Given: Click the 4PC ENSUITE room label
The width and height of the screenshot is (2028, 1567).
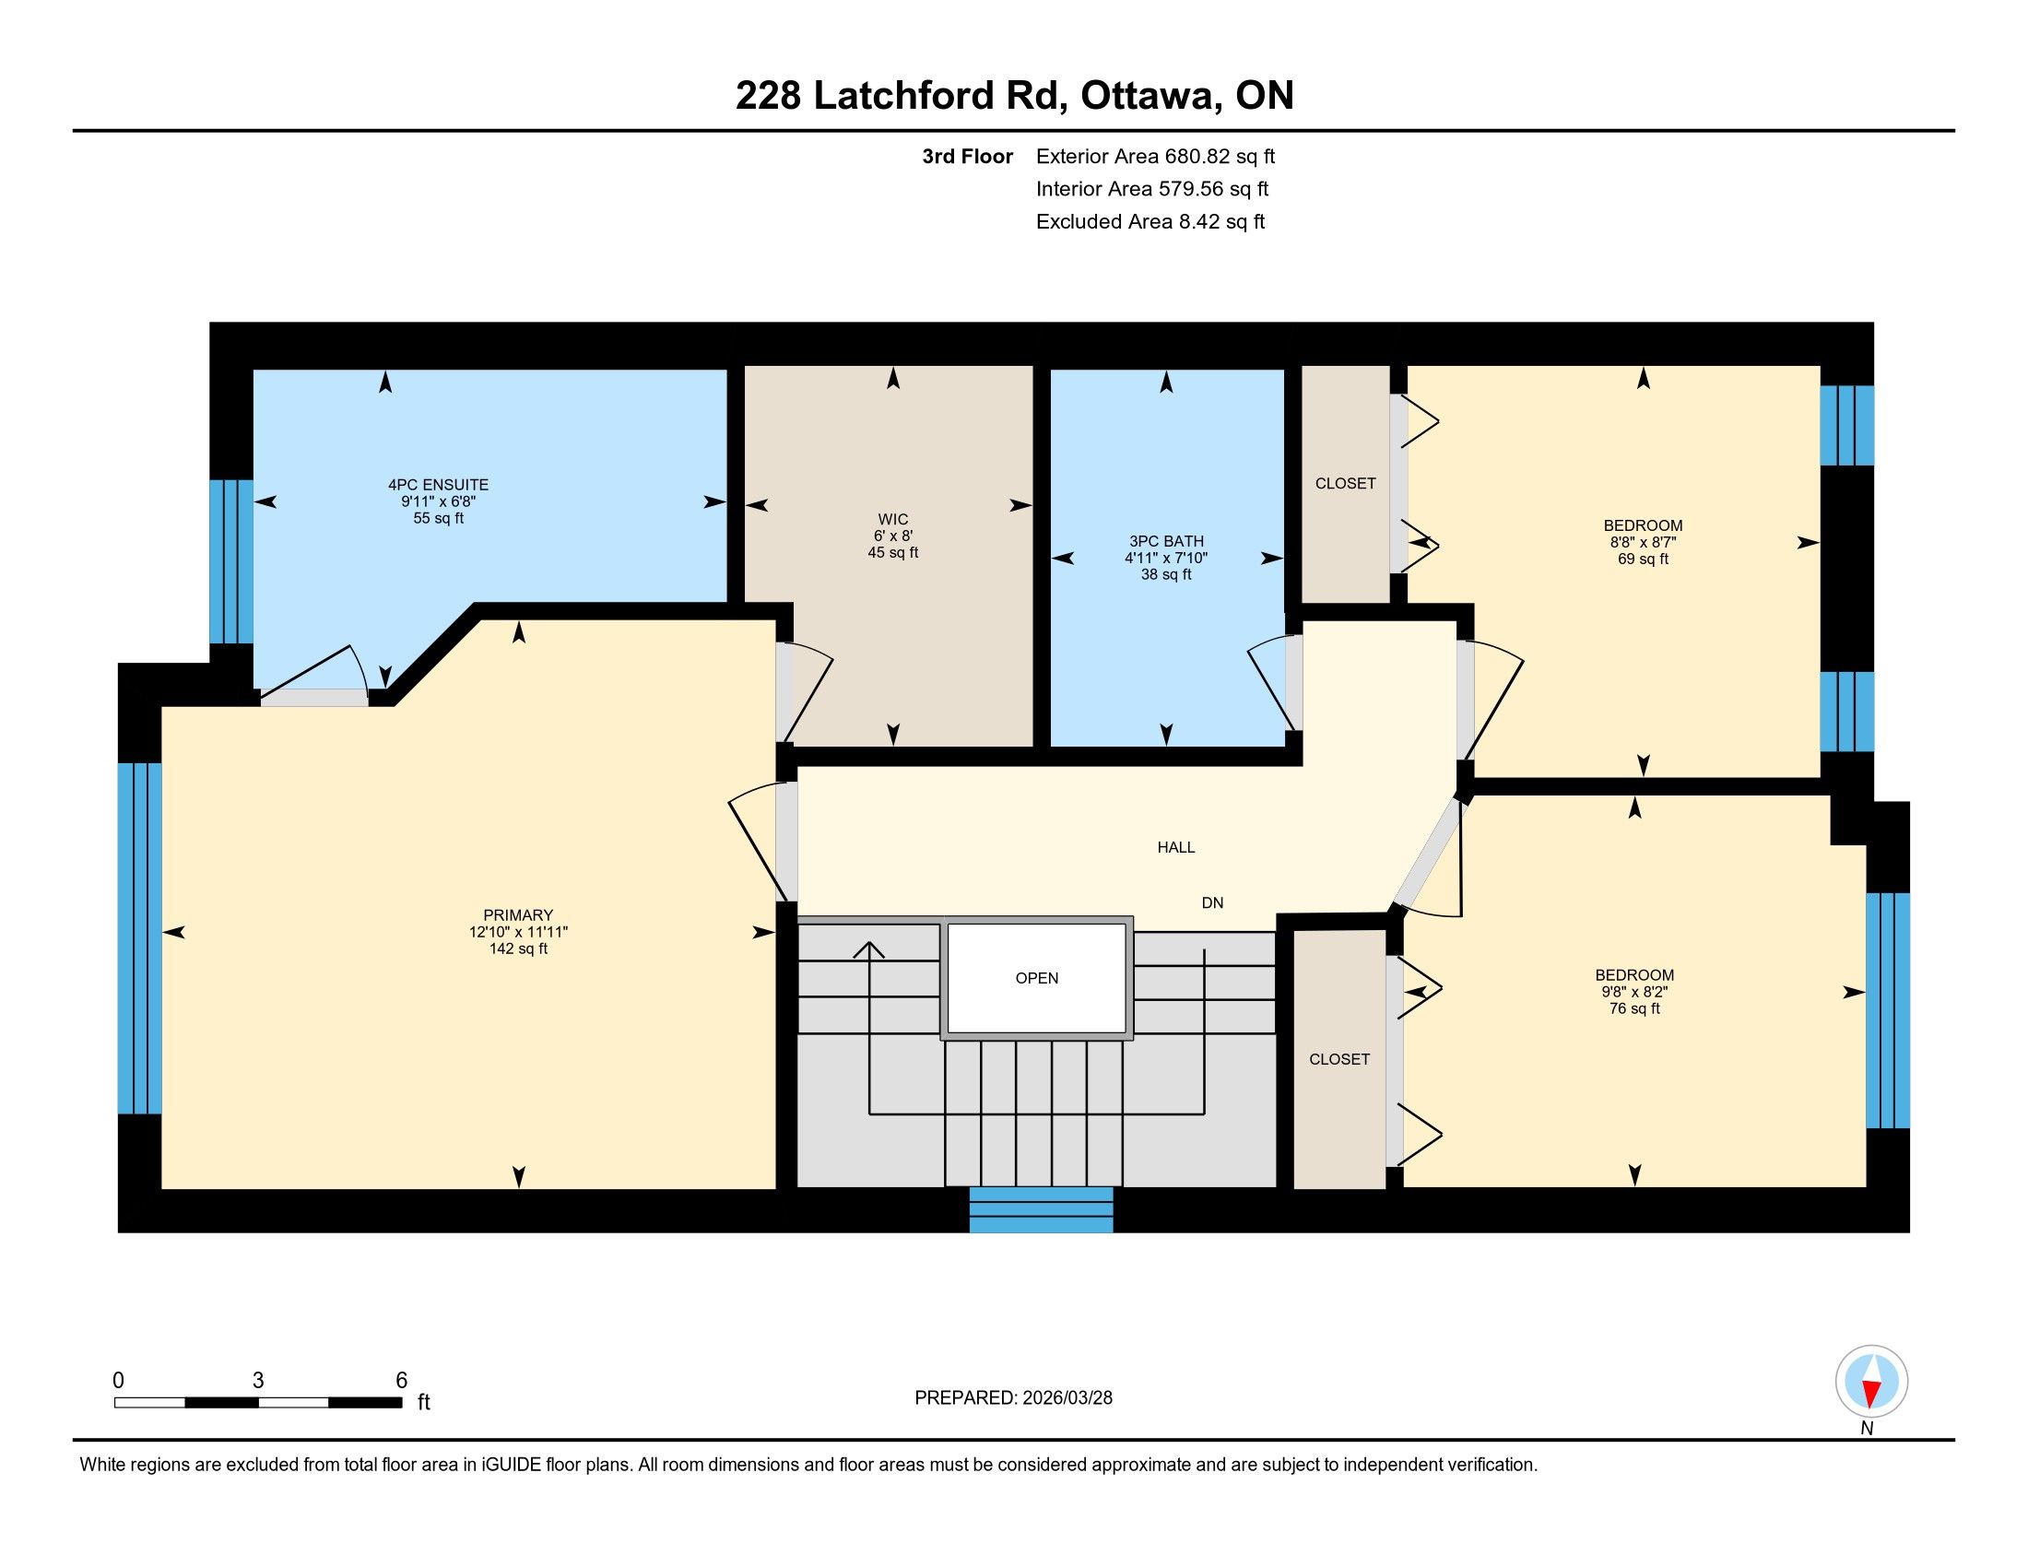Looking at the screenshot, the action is pyautogui.click(x=438, y=485).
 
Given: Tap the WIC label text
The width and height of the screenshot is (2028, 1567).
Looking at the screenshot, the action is pyautogui.click(x=893, y=520).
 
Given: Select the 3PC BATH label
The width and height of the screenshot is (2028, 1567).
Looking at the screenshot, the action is pyautogui.click(x=1166, y=541).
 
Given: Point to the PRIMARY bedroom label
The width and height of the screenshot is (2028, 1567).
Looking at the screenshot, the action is pyautogui.click(x=518, y=915).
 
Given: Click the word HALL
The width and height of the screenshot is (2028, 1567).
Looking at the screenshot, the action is pyautogui.click(x=1175, y=847).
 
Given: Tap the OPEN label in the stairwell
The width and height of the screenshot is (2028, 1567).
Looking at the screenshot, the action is pyautogui.click(x=1036, y=978).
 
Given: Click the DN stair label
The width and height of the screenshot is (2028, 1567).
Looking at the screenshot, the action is pyautogui.click(x=1213, y=902).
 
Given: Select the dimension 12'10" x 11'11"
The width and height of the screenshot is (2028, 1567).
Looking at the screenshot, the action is pyautogui.click(x=518, y=932).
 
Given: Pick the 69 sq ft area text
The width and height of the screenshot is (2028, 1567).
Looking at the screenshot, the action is pyautogui.click(x=1644, y=559).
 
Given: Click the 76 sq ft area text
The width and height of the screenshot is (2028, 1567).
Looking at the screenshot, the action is pyautogui.click(x=1634, y=1008).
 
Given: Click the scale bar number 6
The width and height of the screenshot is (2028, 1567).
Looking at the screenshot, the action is pyautogui.click(x=402, y=1381).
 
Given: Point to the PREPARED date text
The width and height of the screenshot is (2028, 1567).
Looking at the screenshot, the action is pyautogui.click(x=1013, y=1398).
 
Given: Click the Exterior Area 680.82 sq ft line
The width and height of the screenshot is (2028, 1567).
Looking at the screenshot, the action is pyautogui.click(x=1156, y=156).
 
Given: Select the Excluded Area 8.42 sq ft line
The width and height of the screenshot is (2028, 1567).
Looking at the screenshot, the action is pyautogui.click(x=1150, y=221).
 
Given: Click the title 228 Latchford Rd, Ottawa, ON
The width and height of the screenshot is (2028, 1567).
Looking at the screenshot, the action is pyautogui.click(x=1015, y=95).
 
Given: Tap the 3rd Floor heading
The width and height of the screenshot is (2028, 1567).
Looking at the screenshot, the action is pyautogui.click(x=968, y=156).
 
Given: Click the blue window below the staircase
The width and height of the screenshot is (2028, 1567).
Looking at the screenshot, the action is pyautogui.click(x=1041, y=1209).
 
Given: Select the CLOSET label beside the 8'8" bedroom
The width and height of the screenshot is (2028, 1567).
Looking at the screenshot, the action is pyautogui.click(x=1346, y=484).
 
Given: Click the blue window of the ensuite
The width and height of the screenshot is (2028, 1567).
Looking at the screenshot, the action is pyautogui.click(x=231, y=561).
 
